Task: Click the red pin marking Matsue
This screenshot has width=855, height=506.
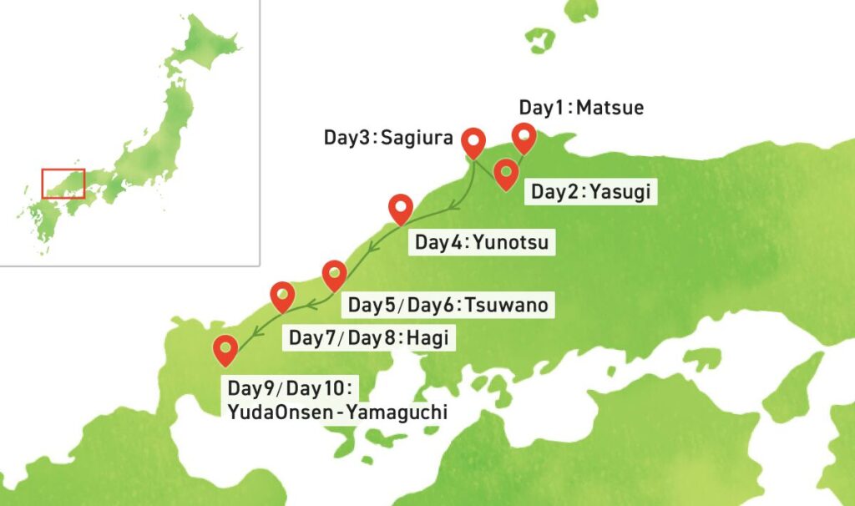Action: (524, 136)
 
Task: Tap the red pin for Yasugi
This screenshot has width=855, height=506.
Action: (505, 173)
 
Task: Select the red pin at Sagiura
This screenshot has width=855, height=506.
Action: (474, 142)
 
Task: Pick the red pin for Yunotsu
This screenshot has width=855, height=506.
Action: (402, 208)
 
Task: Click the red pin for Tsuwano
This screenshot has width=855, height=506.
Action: (335, 272)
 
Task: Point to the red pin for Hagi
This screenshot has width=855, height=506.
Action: (284, 296)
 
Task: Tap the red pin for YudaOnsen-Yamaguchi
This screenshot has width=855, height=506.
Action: (225, 348)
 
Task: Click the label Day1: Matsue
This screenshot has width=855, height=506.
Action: (581, 108)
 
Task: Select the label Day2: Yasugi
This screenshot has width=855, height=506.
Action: (590, 193)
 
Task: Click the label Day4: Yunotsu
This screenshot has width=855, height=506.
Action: (481, 243)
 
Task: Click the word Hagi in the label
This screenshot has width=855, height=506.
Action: (433, 338)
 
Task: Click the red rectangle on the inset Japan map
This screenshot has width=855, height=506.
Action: (63, 183)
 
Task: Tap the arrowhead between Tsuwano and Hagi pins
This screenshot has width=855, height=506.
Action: (308, 303)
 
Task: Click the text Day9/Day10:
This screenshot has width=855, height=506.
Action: (292, 388)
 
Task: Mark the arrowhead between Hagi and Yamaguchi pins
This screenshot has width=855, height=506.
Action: (256, 335)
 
